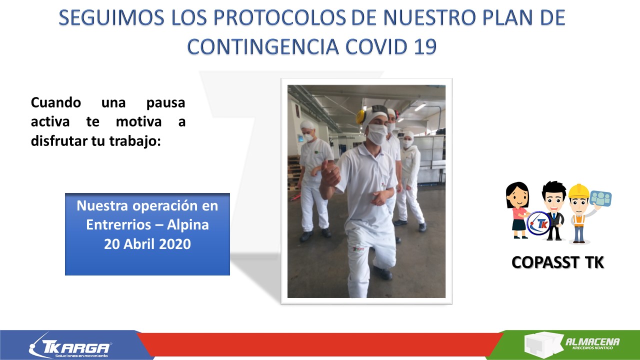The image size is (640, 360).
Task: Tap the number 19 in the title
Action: click(425, 46)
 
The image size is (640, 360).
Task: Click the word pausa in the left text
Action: click(165, 103)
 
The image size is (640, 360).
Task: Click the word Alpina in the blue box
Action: click(187, 225)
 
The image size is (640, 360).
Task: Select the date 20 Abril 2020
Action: click(147, 244)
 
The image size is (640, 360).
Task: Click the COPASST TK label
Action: click(557, 262)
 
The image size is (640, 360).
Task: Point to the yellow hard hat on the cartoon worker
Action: click(578, 191)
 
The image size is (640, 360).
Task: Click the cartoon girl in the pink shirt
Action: click(517, 210)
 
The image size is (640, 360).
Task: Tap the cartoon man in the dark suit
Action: click(554, 210)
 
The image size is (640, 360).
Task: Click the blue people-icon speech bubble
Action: click(600, 198)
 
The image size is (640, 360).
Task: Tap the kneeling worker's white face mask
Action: click(377, 134)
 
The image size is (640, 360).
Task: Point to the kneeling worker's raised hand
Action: click(330, 173)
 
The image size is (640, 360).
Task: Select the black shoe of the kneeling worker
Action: click(382, 273)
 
